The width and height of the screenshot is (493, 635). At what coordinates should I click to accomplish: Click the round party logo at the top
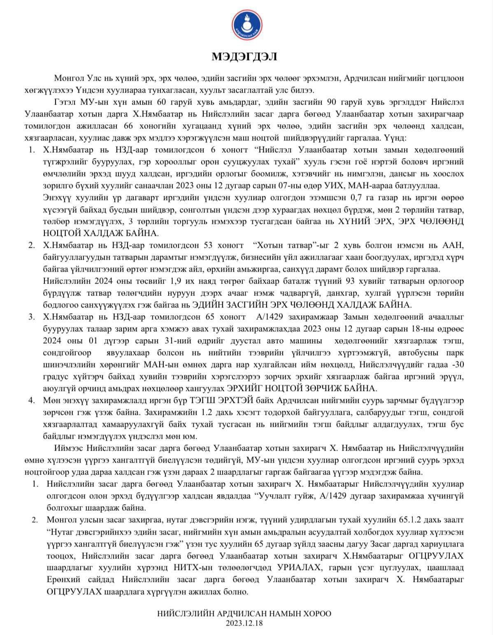(246, 24)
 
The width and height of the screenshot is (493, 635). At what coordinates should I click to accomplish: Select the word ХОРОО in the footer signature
(317, 614)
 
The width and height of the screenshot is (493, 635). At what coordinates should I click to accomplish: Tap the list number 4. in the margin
(32, 400)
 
